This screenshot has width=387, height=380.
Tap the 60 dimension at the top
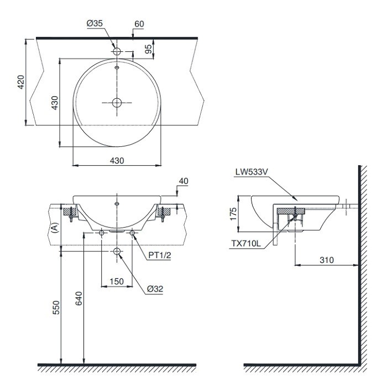pyautogui.click(x=139, y=25)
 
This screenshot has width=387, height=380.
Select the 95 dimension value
pyautogui.click(x=148, y=49)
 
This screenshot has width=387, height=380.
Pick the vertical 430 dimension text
pyautogui.click(x=54, y=103)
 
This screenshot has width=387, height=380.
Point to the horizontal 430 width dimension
pyautogui.click(x=117, y=160)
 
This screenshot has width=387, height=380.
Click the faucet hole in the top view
pyautogui.click(x=117, y=51)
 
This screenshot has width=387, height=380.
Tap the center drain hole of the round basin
pyautogui.click(x=117, y=102)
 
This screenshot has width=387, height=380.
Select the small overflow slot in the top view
pyautogui.click(x=117, y=68)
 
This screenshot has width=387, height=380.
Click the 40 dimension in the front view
pyautogui.click(x=184, y=181)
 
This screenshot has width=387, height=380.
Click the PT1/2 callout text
pyautogui.click(x=160, y=255)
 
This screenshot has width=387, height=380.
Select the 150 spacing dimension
pyautogui.click(x=117, y=281)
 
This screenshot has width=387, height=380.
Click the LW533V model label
pyautogui.click(x=251, y=172)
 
